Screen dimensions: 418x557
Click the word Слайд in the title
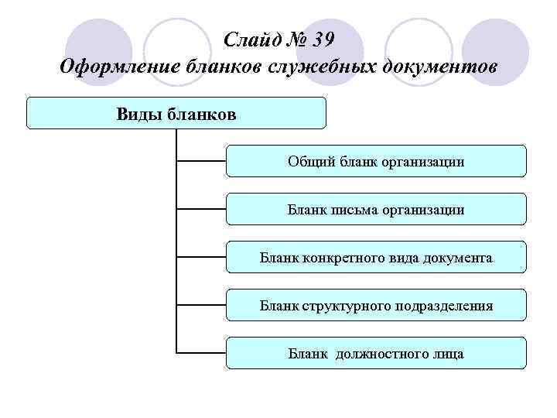pos(248,38)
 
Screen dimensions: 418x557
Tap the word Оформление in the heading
pos(118,67)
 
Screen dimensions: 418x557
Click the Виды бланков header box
pos(176,113)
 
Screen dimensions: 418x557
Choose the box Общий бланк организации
pos(376,161)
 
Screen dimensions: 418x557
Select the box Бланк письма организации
pos(376,209)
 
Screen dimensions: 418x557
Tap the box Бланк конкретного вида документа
pos(376,257)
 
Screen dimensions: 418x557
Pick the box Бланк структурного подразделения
pos(376,305)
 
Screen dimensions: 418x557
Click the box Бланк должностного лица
pos(376,353)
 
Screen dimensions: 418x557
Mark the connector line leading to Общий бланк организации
pos(201,161)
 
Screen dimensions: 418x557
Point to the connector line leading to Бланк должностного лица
pos(201,353)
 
